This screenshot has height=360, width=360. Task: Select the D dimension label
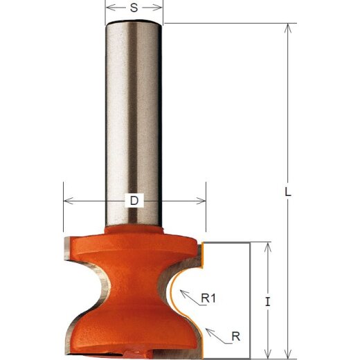click(134, 201)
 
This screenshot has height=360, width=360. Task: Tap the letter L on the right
click(287, 193)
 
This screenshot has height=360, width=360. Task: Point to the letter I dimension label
click(268, 301)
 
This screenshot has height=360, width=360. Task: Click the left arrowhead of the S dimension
click(109, 10)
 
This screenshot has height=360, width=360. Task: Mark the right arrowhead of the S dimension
click(161, 10)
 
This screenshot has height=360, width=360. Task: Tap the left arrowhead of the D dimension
click(66, 201)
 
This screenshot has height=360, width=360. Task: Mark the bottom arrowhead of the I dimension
click(267, 350)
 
